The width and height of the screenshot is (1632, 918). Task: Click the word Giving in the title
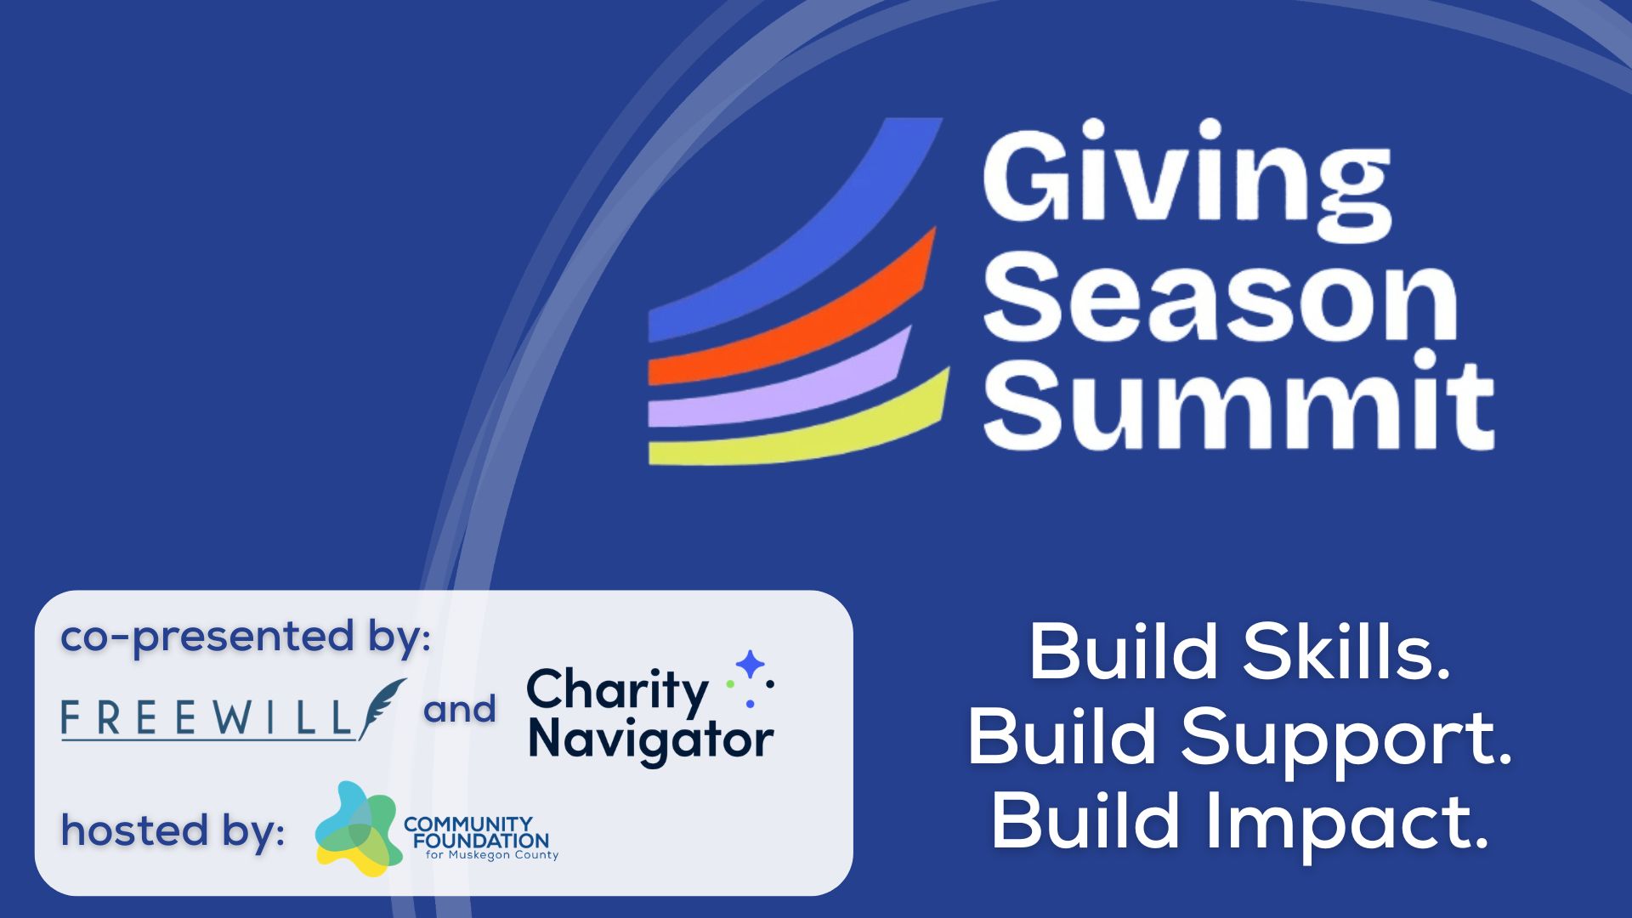click(1187, 180)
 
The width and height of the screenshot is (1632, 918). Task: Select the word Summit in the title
click(1238, 401)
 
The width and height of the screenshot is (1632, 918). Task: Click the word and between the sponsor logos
click(460, 709)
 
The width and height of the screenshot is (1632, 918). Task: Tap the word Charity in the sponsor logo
click(617, 691)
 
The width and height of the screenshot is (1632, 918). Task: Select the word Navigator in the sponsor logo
click(651, 739)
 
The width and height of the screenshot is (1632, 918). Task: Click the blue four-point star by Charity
click(750, 665)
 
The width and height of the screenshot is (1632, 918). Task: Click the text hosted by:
click(173, 831)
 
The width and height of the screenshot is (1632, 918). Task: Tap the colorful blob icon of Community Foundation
click(356, 830)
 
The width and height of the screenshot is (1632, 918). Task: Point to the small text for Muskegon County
click(492, 855)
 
